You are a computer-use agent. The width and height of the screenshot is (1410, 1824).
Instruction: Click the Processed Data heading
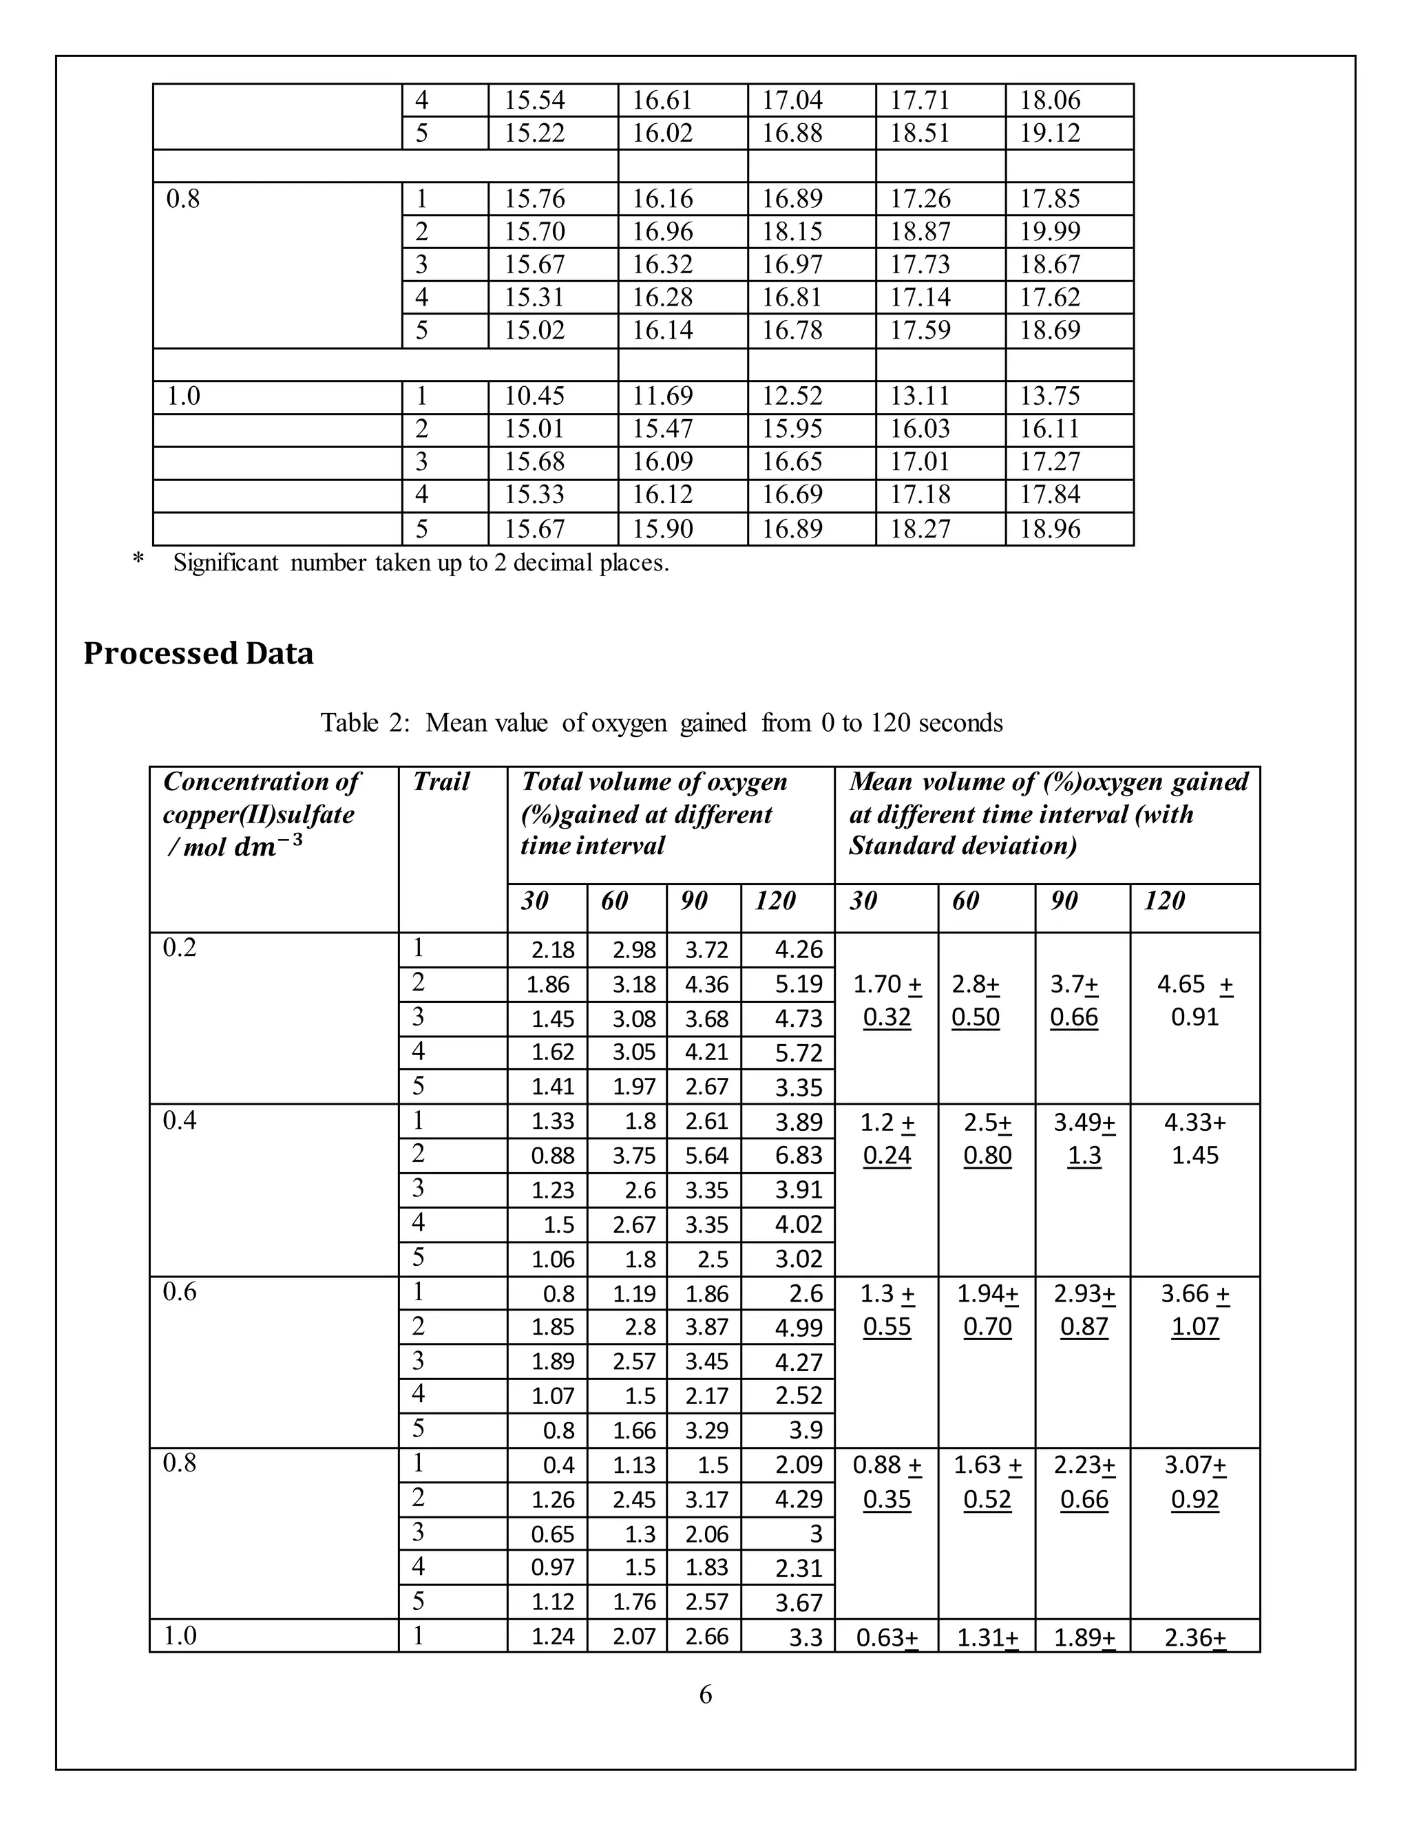[199, 654]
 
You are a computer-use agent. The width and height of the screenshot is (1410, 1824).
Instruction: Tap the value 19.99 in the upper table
[1049, 231]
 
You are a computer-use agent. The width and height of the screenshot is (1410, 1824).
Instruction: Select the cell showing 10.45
[534, 396]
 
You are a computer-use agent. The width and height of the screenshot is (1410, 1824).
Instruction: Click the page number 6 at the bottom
[705, 1695]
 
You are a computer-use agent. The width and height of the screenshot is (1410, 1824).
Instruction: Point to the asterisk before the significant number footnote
[138, 560]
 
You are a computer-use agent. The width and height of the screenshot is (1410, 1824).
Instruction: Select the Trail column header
[441, 782]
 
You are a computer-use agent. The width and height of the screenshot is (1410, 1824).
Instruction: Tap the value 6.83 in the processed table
[799, 1156]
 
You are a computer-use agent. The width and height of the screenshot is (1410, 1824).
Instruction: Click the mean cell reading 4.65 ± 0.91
[1195, 1001]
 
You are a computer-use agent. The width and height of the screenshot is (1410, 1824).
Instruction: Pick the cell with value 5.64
[706, 1156]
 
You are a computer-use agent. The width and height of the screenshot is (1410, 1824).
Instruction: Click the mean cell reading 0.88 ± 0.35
[886, 1482]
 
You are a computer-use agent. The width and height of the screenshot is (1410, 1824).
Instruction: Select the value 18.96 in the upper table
[1049, 529]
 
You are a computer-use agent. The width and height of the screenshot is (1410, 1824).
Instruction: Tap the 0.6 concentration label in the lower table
[180, 1292]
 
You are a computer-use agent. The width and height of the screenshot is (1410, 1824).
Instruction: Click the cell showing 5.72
[799, 1053]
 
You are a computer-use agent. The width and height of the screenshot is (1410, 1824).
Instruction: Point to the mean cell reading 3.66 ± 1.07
[1195, 1310]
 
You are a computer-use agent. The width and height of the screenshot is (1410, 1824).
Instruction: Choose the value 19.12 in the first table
[1049, 133]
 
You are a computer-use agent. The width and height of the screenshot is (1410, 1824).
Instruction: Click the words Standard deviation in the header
[962, 846]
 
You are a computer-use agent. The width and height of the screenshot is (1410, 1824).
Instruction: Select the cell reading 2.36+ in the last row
[1195, 1637]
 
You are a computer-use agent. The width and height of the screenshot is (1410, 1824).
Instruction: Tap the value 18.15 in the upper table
[791, 231]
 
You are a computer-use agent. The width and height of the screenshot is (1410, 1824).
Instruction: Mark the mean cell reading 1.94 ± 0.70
[987, 1310]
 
